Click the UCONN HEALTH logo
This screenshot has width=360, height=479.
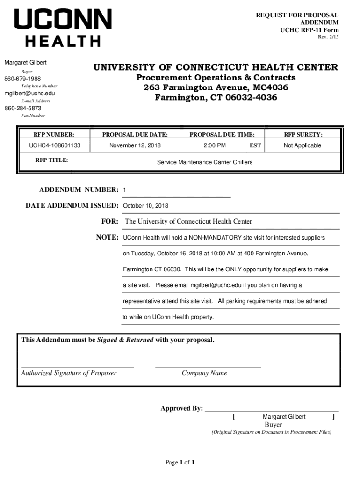(63, 28)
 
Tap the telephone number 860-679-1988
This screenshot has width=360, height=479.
(22, 79)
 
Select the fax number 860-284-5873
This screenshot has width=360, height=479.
(23, 109)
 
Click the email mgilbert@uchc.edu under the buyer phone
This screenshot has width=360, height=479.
(29, 94)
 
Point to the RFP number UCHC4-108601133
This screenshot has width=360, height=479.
(55, 145)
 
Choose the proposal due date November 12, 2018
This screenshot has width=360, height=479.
(135, 145)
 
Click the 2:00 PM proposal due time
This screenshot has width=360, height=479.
(215, 145)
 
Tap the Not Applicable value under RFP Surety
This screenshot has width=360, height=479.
(302, 145)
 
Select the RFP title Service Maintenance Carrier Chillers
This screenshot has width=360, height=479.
(204, 162)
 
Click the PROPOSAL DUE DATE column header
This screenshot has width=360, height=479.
(135, 135)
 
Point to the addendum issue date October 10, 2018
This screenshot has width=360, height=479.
(145, 206)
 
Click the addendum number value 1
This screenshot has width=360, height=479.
(125, 190)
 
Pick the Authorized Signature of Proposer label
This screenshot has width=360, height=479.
(69, 373)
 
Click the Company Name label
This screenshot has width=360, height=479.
(204, 373)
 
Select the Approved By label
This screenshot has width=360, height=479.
(181, 408)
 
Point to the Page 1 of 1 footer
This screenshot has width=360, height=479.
(180, 463)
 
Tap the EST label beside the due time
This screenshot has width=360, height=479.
(255, 146)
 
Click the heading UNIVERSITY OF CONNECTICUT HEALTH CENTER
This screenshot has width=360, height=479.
(216, 67)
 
